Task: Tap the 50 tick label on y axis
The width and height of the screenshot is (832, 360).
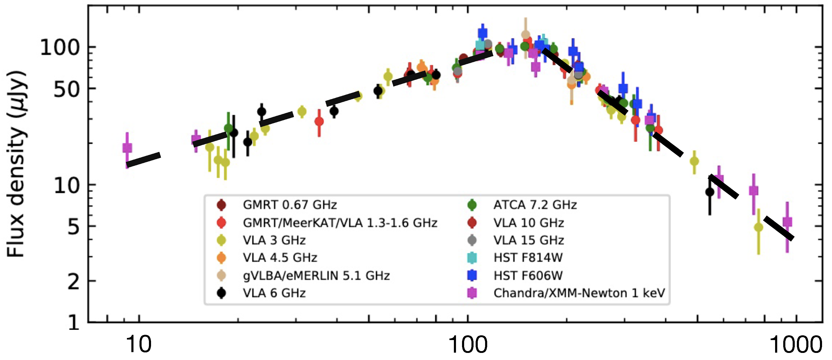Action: pyautogui.click(x=67, y=89)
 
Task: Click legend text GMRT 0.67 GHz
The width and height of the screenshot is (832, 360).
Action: pyautogui.click(x=290, y=205)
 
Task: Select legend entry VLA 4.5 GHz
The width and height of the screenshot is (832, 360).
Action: pyautogui.click(x=280, y=258)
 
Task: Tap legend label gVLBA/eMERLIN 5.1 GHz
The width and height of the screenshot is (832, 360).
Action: pyautogui.click(x=316, y=276)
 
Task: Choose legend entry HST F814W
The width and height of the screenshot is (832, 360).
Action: pyautogui.click(x=528, y=258)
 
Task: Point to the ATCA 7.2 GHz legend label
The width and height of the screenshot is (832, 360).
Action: pyautogui.click(x=535, y=205)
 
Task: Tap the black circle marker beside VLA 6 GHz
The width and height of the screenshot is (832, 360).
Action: pyautogui.click(x=221, y=293)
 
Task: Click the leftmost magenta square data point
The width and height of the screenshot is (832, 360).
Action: pyautogui.click(x=127, y=148)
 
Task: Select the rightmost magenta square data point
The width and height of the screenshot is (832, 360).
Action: pyautogui.click(x=787, y=222)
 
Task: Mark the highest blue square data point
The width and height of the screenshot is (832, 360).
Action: pyautogui.click(x=482, y=33)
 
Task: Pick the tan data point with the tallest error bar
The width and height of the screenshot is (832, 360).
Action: pyautogui.click(x=525, y=35)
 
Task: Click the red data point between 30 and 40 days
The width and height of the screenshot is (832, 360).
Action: pyautogui.click(x=319, y=121)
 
